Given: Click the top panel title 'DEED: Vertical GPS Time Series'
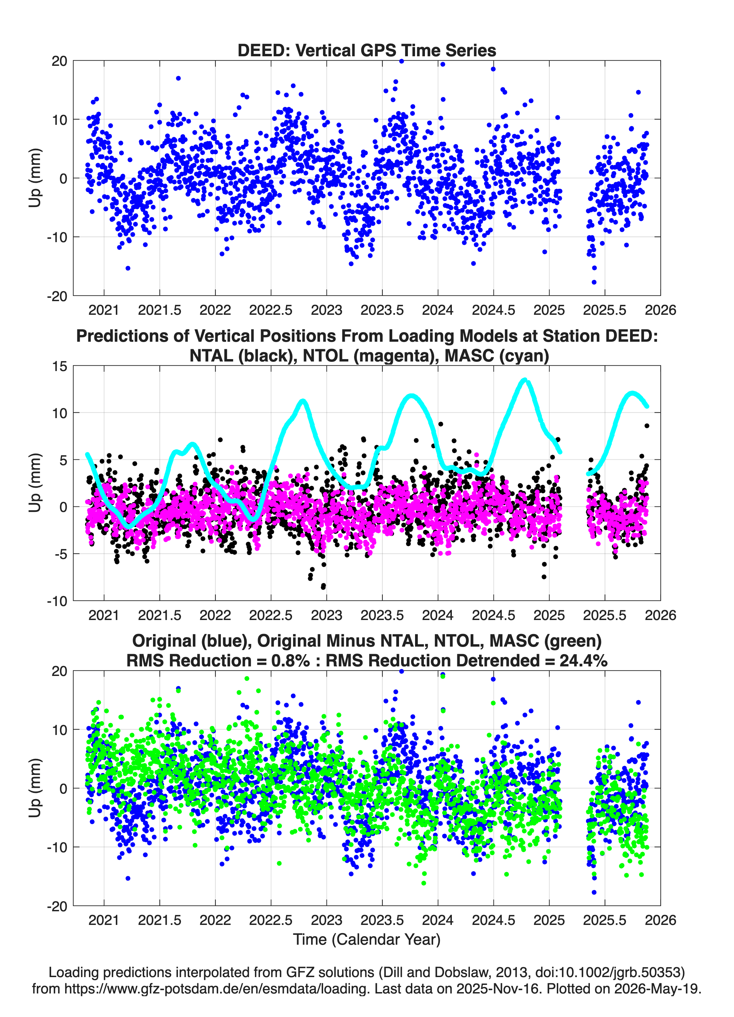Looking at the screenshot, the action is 367,50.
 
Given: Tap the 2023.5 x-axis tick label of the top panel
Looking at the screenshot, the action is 382,310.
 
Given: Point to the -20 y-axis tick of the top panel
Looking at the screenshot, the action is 57,296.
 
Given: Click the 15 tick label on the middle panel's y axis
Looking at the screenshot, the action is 60,366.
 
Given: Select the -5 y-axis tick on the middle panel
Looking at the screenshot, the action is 61,554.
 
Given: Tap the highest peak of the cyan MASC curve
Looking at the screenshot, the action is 525,380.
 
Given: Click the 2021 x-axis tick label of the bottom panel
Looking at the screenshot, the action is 104,920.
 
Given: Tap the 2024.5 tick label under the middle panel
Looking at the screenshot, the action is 493,615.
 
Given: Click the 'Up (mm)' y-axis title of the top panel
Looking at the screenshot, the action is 35,178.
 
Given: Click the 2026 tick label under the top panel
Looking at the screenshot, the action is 660,310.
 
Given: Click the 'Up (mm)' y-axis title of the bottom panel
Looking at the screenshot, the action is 35,788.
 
